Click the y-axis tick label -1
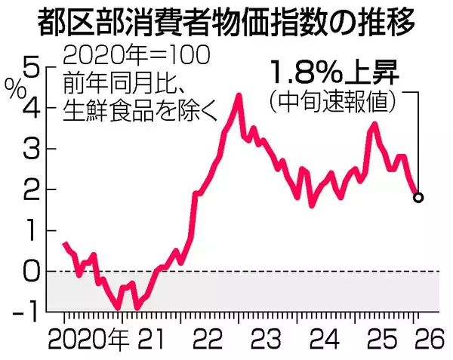point(26,310)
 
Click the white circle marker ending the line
point(418,198)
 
